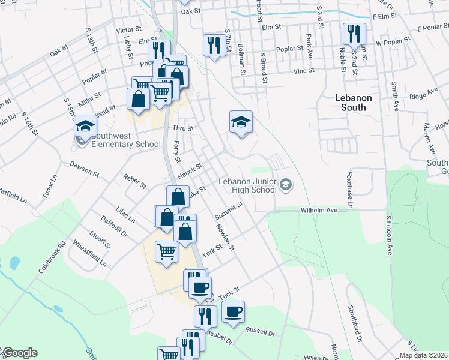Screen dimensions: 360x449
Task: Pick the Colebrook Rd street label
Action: pos(51,258)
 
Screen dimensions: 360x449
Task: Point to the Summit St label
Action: pos(230,208)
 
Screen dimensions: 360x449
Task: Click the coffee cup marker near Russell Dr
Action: pos(233,311)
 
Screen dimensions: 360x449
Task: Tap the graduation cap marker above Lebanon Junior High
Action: pos(241,122)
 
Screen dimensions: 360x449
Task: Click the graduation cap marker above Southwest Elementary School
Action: pos(85,127)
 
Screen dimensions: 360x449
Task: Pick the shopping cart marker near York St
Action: pos(166,251)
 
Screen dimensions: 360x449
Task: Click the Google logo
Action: pos(19,353)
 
